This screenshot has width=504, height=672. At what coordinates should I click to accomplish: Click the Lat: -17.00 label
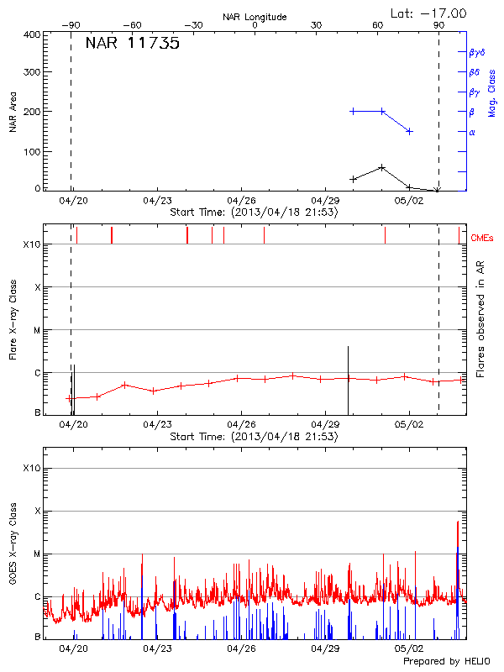(x=429, y=13)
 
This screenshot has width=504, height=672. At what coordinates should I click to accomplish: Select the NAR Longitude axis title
(x=255, y=17)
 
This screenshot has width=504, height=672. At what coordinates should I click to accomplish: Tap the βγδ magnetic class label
(x=476, y=52)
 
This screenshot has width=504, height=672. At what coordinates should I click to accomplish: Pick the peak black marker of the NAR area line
(x=382, y=167)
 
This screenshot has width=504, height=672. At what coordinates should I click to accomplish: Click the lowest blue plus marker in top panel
(x=409, y=131)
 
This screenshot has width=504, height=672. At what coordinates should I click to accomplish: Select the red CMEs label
(x=481, y=239)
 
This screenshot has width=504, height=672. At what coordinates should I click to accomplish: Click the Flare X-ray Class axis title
(x=13, y=318)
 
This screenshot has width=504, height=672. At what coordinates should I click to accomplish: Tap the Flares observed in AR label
(x=480, y=319)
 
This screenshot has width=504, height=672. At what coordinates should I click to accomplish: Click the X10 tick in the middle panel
(x=32, y=244)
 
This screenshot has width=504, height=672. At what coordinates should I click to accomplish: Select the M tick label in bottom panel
(x=37, y=554)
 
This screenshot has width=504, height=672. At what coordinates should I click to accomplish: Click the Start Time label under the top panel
(x=254, y=213)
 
